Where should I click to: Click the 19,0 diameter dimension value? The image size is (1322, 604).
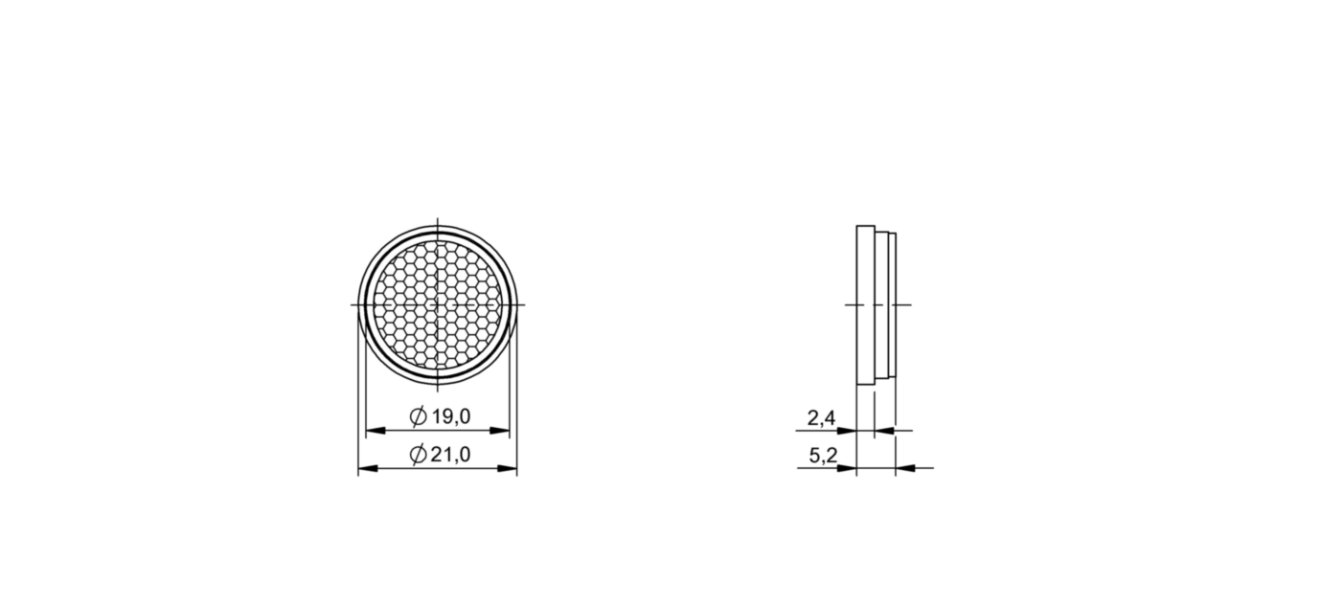(x=451, y=416)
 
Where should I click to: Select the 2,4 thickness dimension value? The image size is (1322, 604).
(x=822, y=418)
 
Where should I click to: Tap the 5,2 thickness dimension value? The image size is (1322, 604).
(x=823, y=456)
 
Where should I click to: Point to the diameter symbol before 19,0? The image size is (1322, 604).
(x=418, y=416)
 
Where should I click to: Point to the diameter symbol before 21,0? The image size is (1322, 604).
(x=418, y=454)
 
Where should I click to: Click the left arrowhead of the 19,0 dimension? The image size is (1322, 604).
(x=376, y=431)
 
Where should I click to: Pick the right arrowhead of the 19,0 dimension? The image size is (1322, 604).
(x=500, y=431)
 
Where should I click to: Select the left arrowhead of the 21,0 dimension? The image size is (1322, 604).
(x=368, y=468)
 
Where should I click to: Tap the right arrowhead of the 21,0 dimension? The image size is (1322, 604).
(x=508, y=468)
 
